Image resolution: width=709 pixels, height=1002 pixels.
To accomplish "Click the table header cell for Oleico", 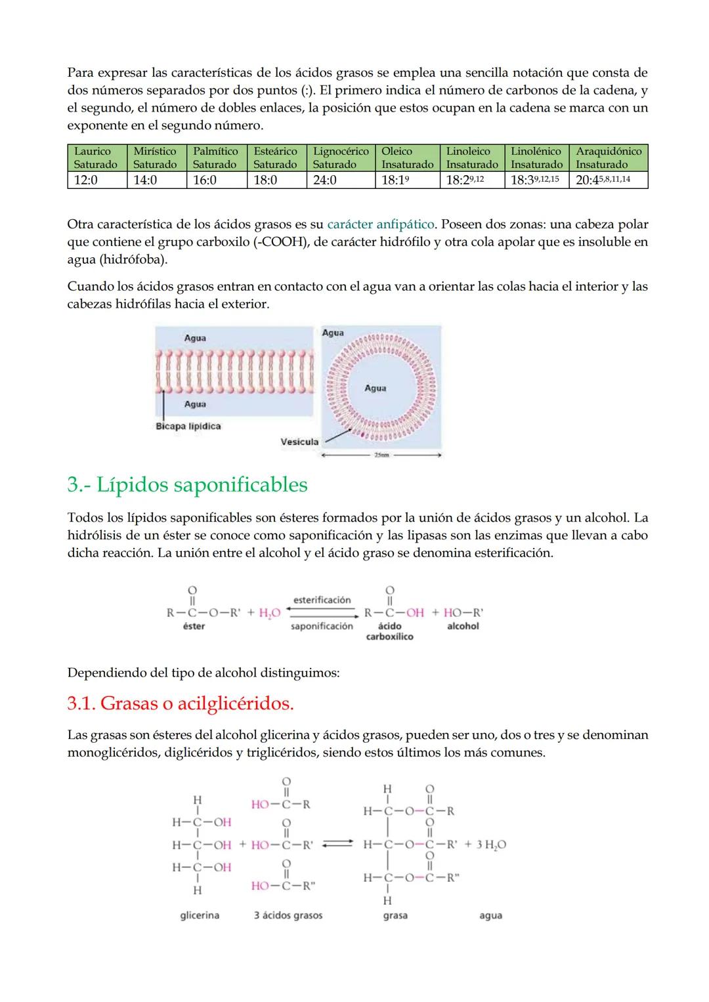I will (x=406, y=158).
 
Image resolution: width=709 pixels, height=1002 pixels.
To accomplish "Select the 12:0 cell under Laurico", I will (x=86, y=180).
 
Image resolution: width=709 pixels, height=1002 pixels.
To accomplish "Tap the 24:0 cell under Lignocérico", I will (x=325, y=180).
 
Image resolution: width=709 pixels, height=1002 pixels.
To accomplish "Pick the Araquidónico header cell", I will (x=608, y=158).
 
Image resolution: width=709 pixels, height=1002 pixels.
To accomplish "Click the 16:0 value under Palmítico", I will (x=205, y=180).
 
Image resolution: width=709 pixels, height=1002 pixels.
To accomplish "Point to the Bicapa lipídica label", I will (x=188, y=427).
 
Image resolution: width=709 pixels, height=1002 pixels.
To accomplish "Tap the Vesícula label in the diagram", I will (x=299, y=442).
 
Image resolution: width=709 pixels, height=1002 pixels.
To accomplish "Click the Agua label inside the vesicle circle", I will (x=376, y=388).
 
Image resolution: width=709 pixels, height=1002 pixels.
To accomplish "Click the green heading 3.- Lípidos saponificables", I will (x=187, y=485).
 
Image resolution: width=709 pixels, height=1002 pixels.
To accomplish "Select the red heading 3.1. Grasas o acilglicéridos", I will (x=181, y=703).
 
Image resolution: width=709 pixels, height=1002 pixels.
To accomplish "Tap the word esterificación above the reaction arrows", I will (x=322, y=600).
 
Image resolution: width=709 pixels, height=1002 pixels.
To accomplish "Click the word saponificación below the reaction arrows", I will (x=322, y=626).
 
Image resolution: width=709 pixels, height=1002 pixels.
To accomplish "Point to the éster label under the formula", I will (x=194, y=626).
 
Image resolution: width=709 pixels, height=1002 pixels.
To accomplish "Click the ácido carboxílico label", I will (x=390, y=631).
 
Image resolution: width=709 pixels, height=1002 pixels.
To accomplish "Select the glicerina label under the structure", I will (x=200, y=915).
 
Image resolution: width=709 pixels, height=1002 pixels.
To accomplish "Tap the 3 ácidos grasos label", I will (x=288, y=915).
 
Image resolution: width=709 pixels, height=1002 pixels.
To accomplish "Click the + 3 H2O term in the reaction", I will (x=485, y=845).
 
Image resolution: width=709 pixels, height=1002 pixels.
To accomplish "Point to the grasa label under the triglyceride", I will (x=395, y=915).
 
